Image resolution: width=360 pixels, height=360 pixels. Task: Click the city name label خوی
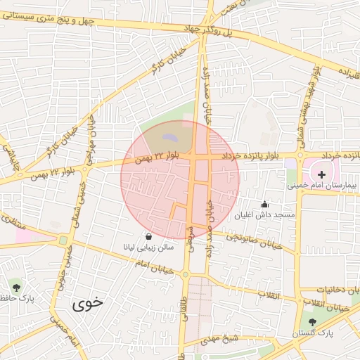[87, 304]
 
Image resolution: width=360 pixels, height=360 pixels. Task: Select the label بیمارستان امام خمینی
[323, 186]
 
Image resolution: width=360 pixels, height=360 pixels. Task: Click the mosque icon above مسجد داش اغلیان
[264, 204]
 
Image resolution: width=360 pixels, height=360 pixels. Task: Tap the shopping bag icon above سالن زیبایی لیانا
[148, 236]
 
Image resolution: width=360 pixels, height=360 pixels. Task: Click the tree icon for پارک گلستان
[312, 322]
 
